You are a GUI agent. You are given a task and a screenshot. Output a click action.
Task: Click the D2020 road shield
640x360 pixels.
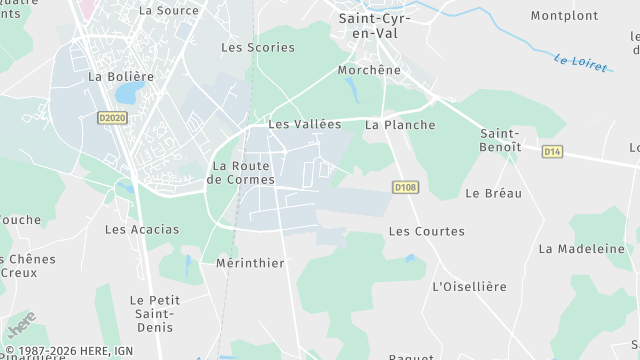tap(113, 117)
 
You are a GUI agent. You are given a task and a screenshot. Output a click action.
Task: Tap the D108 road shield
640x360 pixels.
tap(404, 187)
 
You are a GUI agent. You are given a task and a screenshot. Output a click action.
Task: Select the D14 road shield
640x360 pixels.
tap(553, 151)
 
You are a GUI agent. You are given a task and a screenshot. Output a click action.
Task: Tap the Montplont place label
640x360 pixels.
tap(564, 16)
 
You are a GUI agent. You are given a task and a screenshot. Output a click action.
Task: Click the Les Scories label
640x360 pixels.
tap(258, 47)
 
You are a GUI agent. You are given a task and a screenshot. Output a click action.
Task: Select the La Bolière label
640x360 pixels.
tap(121, 76)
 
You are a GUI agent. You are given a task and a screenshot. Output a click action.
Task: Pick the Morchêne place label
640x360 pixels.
tap(369, 71)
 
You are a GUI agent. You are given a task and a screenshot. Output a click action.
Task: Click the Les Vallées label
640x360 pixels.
tap(304, 125)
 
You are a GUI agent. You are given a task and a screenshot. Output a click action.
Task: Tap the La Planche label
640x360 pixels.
tap(400, 125)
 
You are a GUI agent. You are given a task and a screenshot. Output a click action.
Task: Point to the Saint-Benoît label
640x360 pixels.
tap(500, 140)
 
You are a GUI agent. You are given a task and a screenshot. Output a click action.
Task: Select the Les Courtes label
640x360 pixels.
tap(426, 231)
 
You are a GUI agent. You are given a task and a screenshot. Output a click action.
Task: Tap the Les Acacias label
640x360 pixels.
tap(142, 229)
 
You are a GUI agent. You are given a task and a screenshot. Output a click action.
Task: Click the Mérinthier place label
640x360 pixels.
tap(250, 263)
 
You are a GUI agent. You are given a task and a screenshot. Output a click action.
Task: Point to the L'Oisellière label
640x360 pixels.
tap(469, 287)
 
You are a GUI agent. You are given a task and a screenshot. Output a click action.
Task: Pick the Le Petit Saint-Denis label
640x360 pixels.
tap(154, 313)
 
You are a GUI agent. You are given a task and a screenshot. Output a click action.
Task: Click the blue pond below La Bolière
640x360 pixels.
tap(128, 95)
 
